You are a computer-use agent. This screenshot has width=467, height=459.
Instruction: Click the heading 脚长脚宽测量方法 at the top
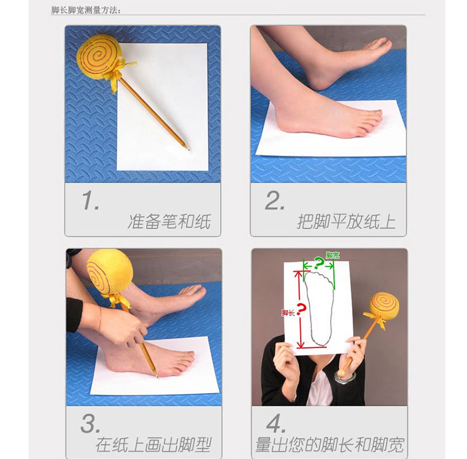point(86,10)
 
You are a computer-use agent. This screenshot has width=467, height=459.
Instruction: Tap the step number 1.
point(90,201)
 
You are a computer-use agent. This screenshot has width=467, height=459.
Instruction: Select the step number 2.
point(274,201)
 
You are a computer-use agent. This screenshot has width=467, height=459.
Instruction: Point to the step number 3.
point(90,423)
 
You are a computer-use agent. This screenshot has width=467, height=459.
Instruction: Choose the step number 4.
point(276,423)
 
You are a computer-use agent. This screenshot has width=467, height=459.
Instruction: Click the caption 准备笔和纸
point(169,222)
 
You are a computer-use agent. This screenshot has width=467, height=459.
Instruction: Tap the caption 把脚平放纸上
point(346,222)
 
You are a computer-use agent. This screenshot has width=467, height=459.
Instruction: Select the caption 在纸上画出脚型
point(154,445)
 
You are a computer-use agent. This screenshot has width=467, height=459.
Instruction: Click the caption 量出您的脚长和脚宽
point(330,445)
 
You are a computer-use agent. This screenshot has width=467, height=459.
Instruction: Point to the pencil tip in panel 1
point(189,149)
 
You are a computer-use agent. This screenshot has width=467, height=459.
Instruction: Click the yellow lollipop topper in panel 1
point(99,57)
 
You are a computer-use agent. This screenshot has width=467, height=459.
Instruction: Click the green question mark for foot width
point(319,263)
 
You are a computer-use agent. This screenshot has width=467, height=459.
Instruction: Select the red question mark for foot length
point(301,309)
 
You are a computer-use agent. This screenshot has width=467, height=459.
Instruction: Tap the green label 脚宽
point(333,255)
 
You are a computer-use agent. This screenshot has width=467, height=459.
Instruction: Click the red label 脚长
point(288,313)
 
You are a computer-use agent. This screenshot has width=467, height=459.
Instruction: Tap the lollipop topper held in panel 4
point(385,306)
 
